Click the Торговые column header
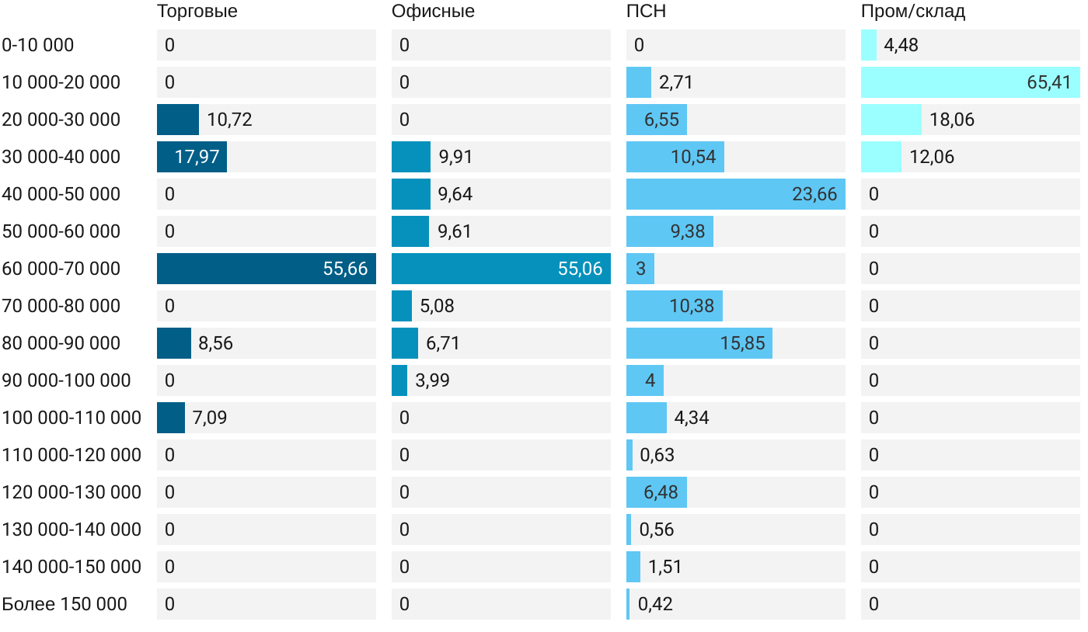click(197, 12)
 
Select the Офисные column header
click(433, 12)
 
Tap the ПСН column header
click(646, 12)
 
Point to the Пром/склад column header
click(912, 12)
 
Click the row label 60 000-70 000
click(61, 269)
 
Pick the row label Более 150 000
click(65, 604)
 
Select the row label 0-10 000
click(38, 45)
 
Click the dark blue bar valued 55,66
click(266, 269)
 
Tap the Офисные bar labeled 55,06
click(500, 269)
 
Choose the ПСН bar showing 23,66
click(735, 194)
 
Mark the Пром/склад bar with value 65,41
click(970, 82)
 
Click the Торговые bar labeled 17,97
click(191, 157)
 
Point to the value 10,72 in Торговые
click(229, 120)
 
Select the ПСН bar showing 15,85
click(699, 343)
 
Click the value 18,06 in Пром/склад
click(951, 120)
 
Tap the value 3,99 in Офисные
click(432, 380)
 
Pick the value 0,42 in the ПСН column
click(655, 604)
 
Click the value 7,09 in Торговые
click(210, 418)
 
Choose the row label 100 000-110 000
click(71, 418)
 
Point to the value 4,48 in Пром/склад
click(901, 45)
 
